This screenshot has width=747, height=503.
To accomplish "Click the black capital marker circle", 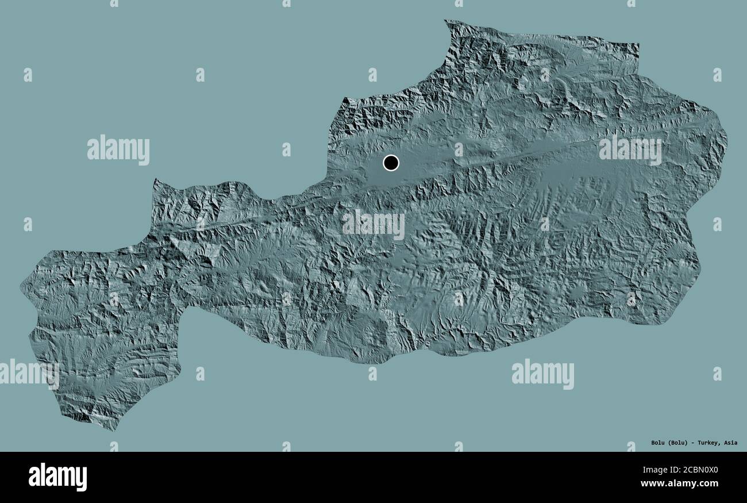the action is tap(391, 163).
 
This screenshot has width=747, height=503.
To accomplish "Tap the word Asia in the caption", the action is tap(731, 443).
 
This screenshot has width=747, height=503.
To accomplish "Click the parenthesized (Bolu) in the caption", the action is tap(679, 443).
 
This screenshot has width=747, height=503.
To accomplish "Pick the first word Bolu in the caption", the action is tap(659, 443).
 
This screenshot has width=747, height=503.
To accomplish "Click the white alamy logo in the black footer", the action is tap(57, 477).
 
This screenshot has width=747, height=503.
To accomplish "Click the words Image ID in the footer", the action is tap(644, 470).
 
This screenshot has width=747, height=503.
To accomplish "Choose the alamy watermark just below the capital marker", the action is tap(373, 225).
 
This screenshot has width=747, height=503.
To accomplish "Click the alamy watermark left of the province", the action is tap(118, 150).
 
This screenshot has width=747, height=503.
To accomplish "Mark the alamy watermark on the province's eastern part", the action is tap(630, 150).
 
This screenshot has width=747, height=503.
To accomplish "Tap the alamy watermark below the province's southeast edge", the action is tap(542, 374).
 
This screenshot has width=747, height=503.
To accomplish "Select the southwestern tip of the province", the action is tap(114, 429).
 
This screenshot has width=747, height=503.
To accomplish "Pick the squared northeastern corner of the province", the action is tap(638, 45).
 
